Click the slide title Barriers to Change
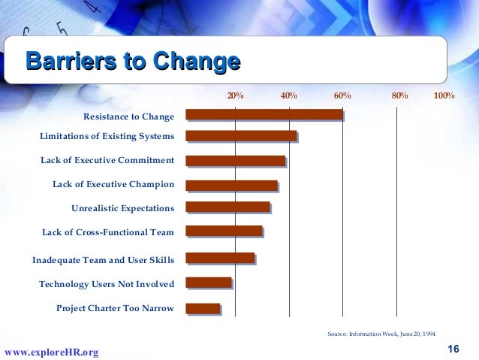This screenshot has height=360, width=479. [133, 62]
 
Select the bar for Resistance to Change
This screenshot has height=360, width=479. [264, 115]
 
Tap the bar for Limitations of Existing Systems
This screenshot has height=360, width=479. [241, 136]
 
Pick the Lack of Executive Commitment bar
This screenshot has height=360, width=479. [236, 161]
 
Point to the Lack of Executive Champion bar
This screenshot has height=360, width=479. [231, 185]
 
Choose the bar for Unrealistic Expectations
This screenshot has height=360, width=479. [227, 207]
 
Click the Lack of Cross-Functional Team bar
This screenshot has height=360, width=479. [224, 231]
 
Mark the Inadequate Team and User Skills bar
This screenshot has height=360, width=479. [220, 258]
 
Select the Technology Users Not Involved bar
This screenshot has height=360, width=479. [209, 283]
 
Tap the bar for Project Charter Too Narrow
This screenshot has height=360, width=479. [203, 308]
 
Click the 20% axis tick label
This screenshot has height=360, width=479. [236, 96]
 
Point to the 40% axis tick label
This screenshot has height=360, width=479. [289, 96]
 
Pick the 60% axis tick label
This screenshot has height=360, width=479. [342, 96]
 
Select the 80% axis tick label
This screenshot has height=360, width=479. [399, 96]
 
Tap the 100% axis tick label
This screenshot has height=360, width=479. [444, 96]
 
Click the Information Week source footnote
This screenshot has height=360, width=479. [381, 333]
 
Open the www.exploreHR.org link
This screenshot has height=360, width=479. [51, 352]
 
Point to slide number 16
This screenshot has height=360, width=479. [453, 348]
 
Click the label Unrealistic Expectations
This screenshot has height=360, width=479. [122, 208]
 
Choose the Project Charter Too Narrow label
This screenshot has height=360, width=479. [115, 308]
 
